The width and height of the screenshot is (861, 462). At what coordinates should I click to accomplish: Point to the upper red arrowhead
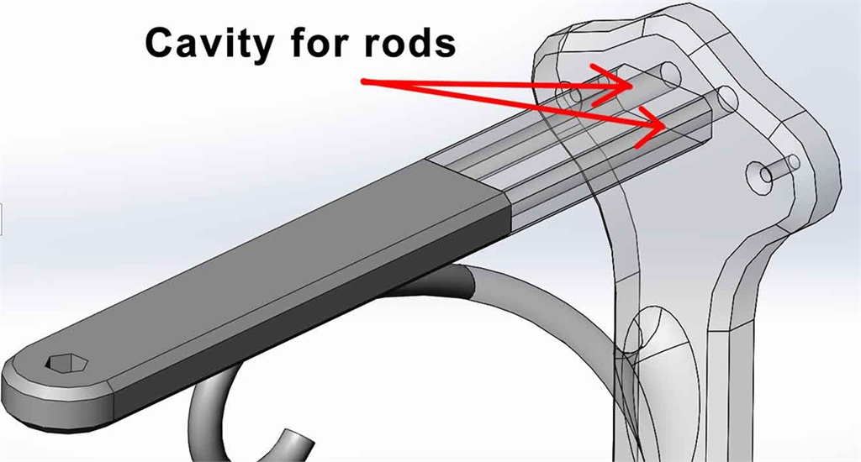tap(627, 84)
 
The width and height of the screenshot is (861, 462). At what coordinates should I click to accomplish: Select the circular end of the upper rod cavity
tap(669, 74)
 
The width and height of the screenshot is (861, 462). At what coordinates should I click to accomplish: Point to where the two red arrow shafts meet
tap(366, 81)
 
